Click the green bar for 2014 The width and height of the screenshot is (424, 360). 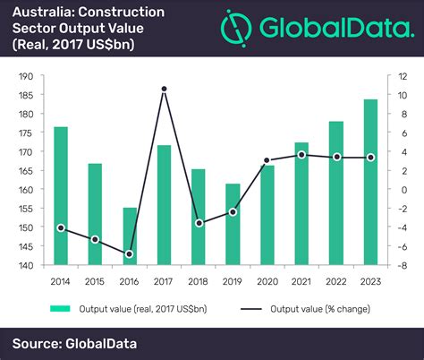pyautogui.click(x=61, y=196)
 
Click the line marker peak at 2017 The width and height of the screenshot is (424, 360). pyautogui.click(x=164, y=89)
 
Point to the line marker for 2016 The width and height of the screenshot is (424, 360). pyautogui.click(x=130, y=254)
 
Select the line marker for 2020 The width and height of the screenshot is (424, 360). pyautogui.click(x=267, y=160)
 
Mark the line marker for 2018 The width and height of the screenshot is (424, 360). pyautogui.click(x=199, y=223)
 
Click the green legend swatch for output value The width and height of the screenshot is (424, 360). pyautogui.click(x=60, y=309)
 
